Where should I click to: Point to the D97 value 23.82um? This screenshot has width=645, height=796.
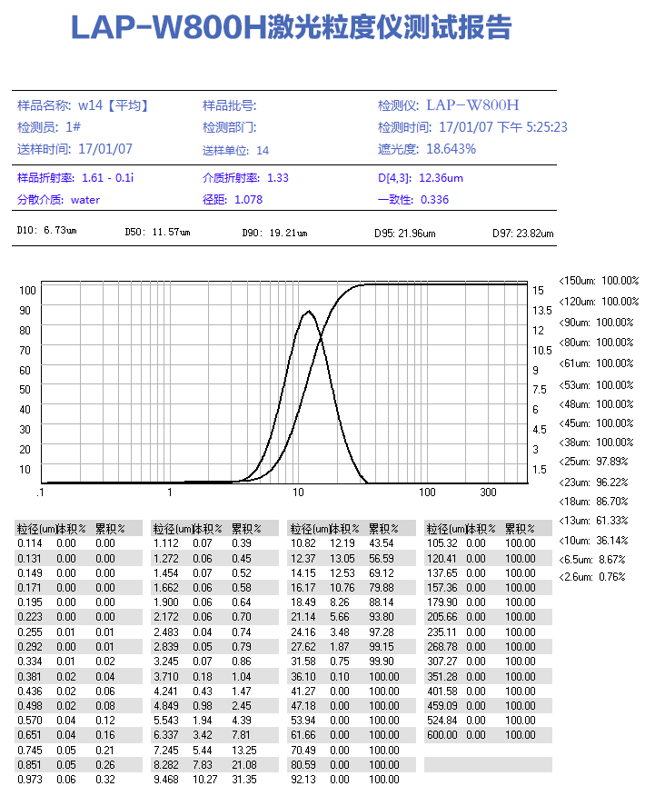535,234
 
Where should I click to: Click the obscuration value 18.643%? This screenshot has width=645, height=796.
451,149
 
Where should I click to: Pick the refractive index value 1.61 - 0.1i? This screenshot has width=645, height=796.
108,177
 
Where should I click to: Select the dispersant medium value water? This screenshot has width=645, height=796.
85,199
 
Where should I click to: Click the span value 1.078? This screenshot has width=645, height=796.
248,199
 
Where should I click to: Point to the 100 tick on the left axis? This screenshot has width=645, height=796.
26,290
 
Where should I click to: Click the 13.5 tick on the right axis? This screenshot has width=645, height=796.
541,310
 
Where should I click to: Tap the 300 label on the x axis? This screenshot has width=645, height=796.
489,493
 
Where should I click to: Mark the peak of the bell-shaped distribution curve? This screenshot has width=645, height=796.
309,312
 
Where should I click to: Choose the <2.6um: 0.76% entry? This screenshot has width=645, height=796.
592,577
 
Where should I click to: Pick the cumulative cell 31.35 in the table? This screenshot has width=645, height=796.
243,779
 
